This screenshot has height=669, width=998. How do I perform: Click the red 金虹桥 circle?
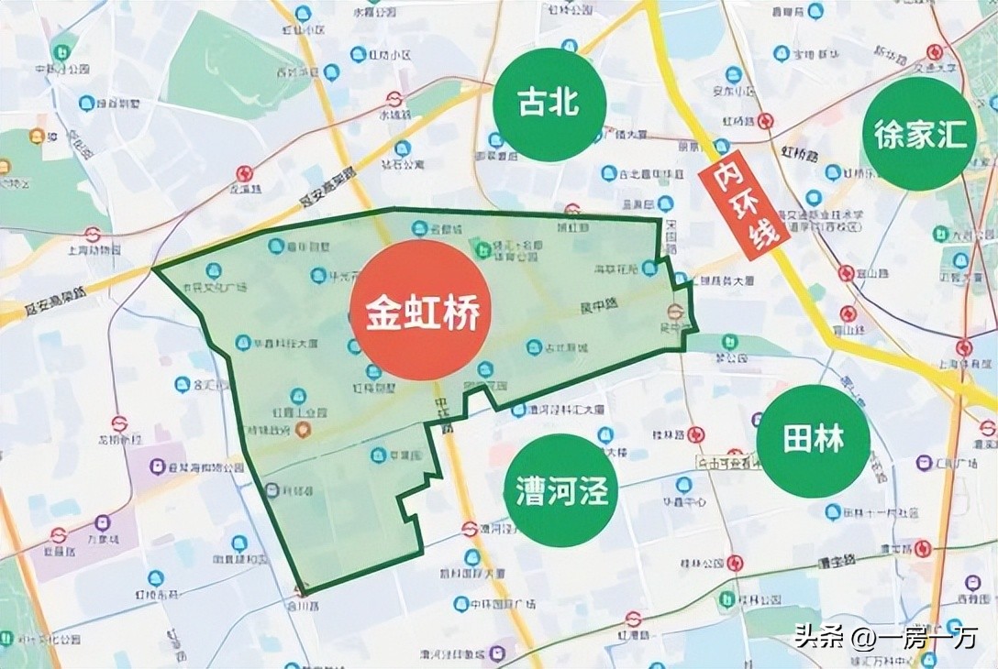coord(423,311)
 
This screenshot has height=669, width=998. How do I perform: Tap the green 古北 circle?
coord(549,104)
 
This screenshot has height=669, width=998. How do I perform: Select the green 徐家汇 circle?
coord(920,135)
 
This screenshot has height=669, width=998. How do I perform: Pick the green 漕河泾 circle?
coord(561,491)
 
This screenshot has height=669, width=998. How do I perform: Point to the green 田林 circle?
coord(813,441)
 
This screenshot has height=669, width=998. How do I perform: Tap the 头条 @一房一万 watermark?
coord(886,636)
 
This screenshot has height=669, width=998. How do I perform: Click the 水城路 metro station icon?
coord(394,99)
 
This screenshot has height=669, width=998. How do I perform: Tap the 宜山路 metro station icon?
coord(846,272)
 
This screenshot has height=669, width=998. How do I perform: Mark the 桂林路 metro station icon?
coord(696,434)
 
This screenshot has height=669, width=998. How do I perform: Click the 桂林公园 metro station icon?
coord(735,563)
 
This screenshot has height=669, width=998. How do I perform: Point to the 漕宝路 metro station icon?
coord(923,548)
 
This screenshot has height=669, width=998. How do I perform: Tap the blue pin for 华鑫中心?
coord(683,485)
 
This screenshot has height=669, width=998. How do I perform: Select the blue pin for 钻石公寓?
coord(402,148)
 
